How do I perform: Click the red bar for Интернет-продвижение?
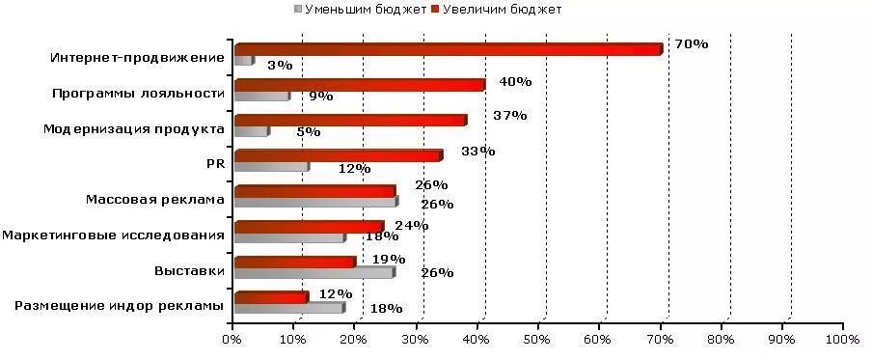tap(449, 49)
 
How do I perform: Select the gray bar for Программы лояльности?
tap(261, 96)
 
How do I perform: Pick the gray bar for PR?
tap(271, 167)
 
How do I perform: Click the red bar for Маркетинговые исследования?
tap(309, 227)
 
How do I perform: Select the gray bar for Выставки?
tap(314, 272)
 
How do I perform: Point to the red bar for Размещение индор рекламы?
tap(271, 297)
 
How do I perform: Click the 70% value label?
tap(692, 44)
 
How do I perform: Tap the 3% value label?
tap(280, 66)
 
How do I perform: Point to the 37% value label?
tap(509, 116)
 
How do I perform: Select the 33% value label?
tap(478, 152)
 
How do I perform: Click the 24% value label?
tap(412, 226)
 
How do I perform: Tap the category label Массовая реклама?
tap(154, 200)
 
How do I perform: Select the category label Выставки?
tap(189, 271)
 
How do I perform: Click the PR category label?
tap(215, 164)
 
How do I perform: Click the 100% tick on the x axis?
tap(841, 340)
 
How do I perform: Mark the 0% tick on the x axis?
tap(232, 340)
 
